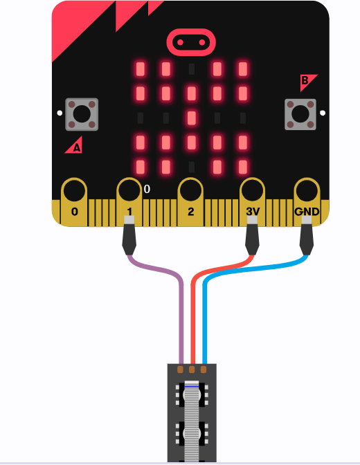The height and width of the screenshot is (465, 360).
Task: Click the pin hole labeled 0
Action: click(x=74, y=190)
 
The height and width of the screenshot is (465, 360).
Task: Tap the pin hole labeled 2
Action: click(x=190, y=190)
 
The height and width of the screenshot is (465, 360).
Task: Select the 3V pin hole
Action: click(x=252, y=190)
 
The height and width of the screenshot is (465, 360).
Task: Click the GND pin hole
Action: click(x=307, y=190)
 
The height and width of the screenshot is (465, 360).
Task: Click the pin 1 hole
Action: click(x=129, y=190)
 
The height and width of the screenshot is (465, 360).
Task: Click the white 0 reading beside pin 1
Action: click(x=147, y=189)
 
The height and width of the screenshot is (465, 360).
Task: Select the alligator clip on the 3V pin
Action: click(x=252, y=236)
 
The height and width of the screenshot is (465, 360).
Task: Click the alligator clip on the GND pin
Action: click(x=307, y=236)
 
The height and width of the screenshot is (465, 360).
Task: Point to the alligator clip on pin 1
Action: click(x=129, y=236)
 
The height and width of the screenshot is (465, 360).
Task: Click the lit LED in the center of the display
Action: click(x=192, y=118)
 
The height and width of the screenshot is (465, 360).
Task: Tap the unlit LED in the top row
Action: click(x=192, y=69)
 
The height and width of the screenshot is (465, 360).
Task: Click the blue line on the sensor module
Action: click(x=192, y=387)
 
